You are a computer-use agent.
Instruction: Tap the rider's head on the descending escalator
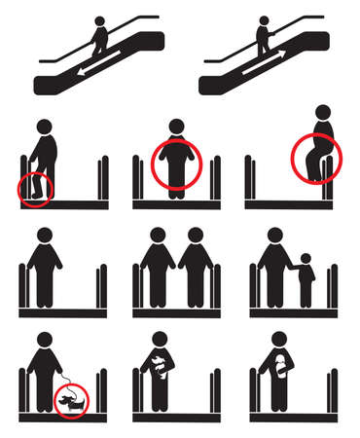(98, 21)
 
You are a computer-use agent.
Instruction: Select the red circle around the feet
(37, 188)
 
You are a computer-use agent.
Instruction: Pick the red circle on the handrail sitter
(314, 157)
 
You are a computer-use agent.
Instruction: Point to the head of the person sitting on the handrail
(323, 115)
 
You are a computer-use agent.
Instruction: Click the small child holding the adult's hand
(306, 276)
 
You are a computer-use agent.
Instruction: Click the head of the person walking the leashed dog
(45, 339)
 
